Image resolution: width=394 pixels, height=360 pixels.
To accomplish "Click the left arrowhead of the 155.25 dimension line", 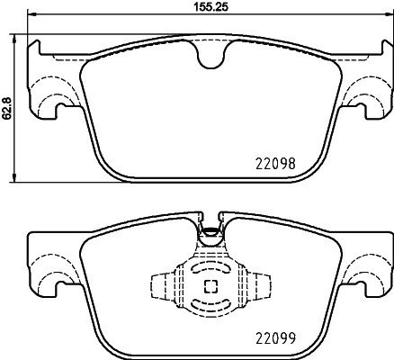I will click(x=31, y=18).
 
